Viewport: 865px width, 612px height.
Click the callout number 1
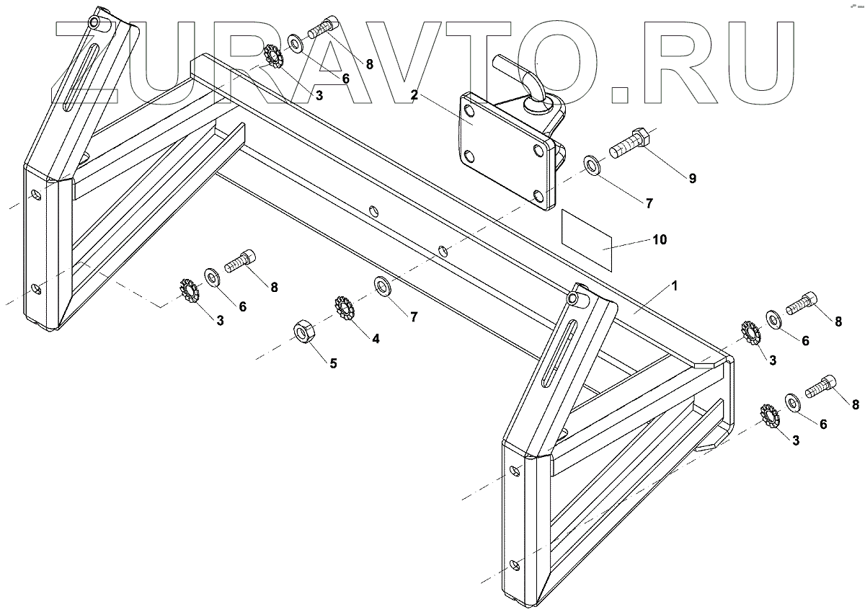675,286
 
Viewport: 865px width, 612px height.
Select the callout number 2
414,94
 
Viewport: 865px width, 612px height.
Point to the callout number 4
375,338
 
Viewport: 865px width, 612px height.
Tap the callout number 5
333,363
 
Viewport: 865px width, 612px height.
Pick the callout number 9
692,179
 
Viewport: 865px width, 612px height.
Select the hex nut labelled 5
301,332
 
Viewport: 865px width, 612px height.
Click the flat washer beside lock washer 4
382,285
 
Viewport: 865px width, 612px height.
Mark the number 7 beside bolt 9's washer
649,203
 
